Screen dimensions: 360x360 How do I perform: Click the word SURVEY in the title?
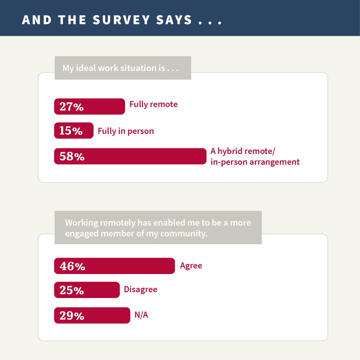coord(121,20)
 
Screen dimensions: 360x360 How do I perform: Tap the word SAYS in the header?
coord(174,20)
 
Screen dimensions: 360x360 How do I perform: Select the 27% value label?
coord(72,107)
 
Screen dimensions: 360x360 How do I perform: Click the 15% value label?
coord(71,131)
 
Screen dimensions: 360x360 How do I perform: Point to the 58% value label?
coord(72,156)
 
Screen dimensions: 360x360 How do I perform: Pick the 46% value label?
coord(72,266)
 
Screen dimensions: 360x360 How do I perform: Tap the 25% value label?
coord(72,290)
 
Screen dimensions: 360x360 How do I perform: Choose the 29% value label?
coord(72,315)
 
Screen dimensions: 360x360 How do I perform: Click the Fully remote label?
coord(154,104)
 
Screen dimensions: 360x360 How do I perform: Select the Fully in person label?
coord(126,131)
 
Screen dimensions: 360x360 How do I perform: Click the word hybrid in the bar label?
coord(230,151)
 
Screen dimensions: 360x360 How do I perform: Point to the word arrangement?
coord(275,162)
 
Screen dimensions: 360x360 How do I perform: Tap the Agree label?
coord(191,266)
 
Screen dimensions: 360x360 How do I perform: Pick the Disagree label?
coord(141,290)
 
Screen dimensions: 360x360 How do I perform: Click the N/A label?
coord(141,315)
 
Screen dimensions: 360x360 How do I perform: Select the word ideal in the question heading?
coord(86,68)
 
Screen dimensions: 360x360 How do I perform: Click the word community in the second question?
coord(184,234)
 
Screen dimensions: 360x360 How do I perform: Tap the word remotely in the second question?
coord(118,223)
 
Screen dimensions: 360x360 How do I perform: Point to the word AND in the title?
coord(37,20)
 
